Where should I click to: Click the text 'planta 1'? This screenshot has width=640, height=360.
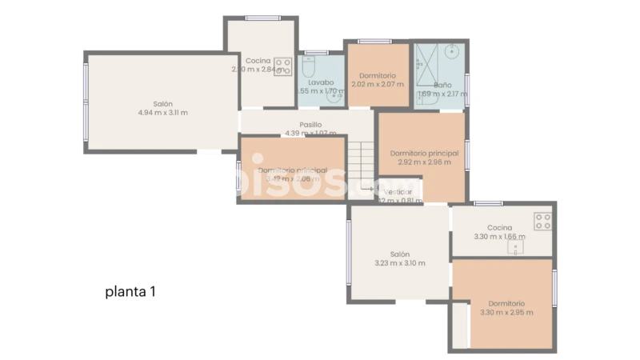click(x=130, y=292)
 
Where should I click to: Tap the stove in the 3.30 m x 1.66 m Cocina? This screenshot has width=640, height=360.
click(x=544, y=221)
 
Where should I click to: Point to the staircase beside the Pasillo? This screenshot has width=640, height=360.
click(x=364, y=160)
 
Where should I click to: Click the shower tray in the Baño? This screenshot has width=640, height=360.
click(x=430, y=61)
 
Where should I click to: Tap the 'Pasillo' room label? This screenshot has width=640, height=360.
click(x=310, y=125)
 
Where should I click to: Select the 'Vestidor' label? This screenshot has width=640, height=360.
click(x=398, y=192)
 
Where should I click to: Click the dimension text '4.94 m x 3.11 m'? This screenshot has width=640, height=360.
click(x=162, y=113)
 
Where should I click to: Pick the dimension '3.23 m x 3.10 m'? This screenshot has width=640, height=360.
click(x=400, y=263)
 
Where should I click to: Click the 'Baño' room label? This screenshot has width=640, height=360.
click(x=442, y=84)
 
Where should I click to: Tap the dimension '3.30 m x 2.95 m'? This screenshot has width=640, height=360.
click(x=506, y=313)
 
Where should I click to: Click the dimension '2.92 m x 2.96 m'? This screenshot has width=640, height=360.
click(x=424, y=162)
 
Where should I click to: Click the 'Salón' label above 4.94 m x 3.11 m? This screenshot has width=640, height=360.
click(x=162, y=103)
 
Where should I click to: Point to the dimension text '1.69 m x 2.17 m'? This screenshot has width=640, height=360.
click(x=442, y=94)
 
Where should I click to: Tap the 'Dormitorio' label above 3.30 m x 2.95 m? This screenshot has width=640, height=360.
click(x=506, y=303)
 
